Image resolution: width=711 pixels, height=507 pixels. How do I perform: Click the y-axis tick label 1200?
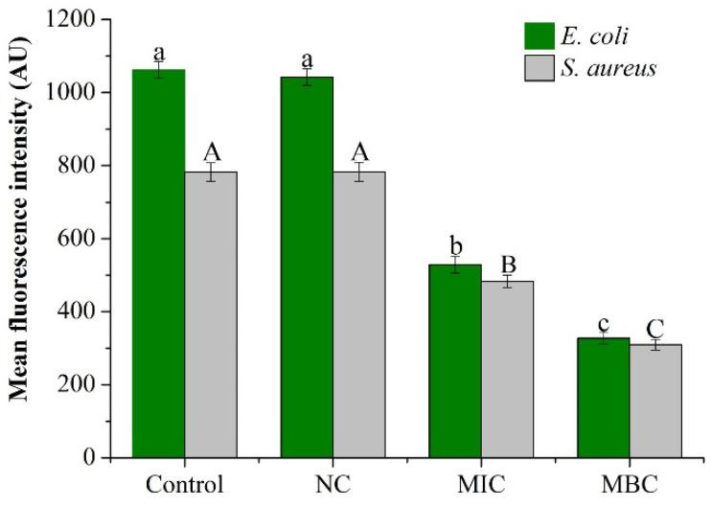click(x=77, y=20)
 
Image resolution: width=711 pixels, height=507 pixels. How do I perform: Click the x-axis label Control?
click(x=184, y=481)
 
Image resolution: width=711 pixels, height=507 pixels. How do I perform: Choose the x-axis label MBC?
click(x=630, y=481)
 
